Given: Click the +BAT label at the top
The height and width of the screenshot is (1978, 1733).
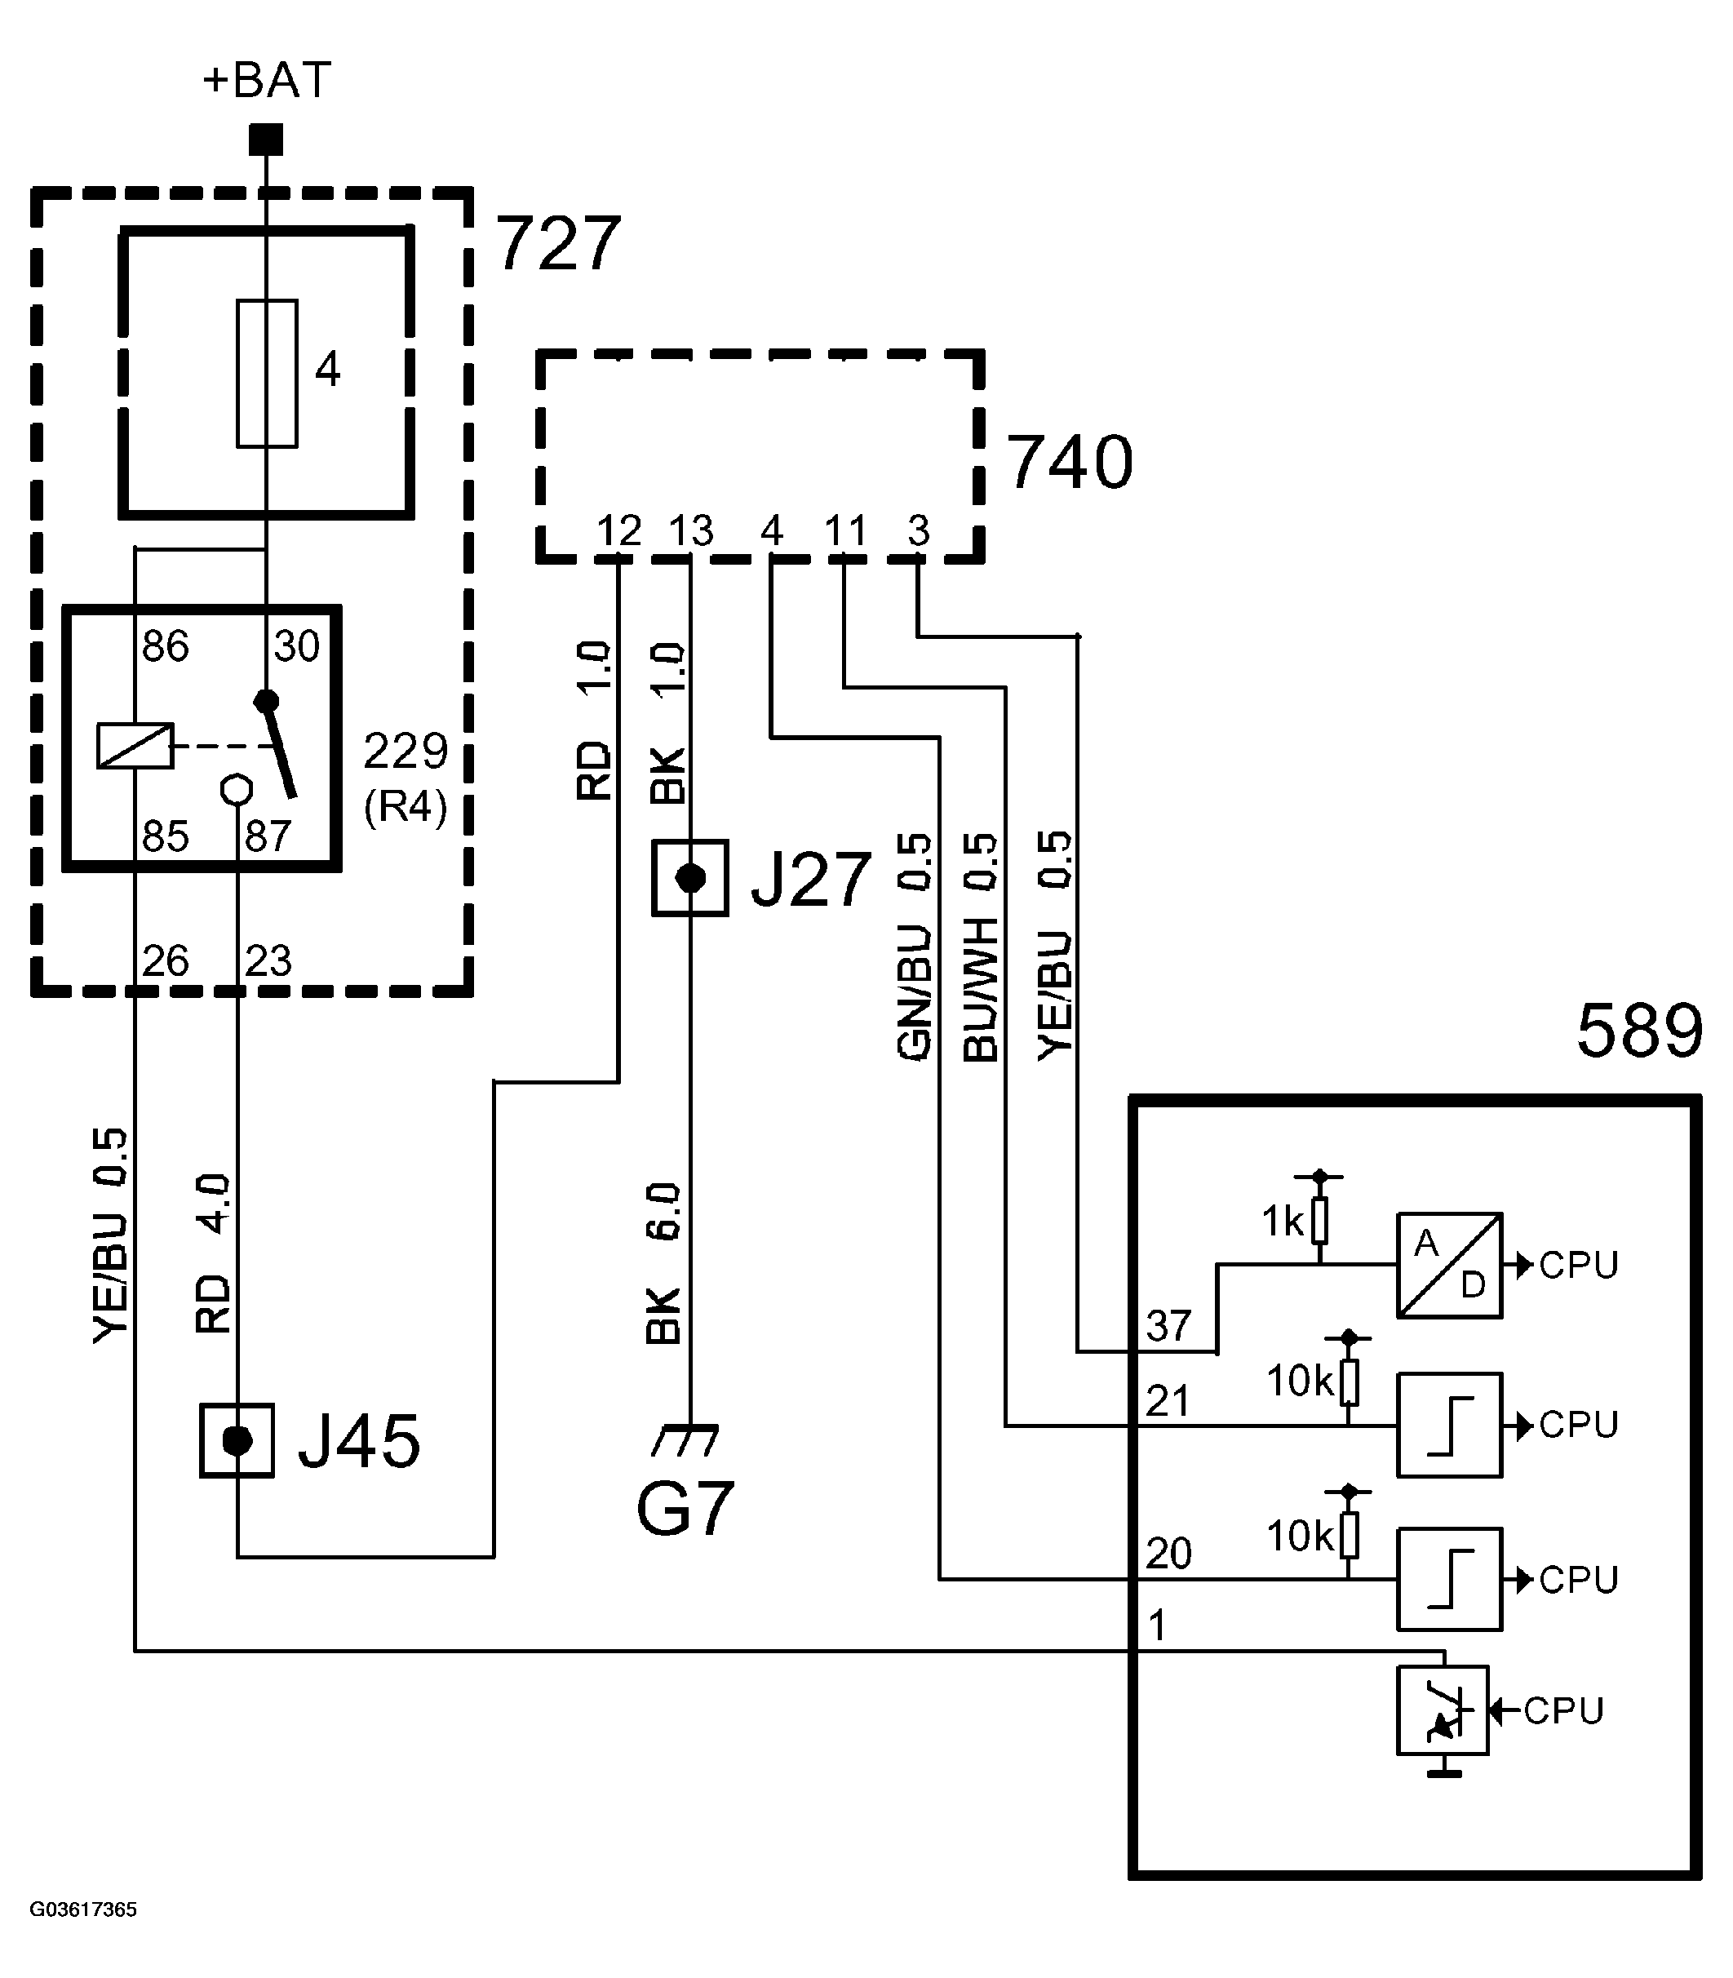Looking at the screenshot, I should (x=267, y=79).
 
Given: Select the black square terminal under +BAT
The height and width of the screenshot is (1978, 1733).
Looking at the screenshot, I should (x=266, y=140).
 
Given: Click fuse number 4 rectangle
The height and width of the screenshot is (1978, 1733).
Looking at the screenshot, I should (x=267, y=374).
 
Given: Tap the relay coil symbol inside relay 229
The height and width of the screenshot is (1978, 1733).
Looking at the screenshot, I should (x=135, y=746).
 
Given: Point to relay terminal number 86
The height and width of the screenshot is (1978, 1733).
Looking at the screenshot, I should (x=166, y=646).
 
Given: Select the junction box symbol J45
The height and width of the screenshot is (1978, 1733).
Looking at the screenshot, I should (x=237, y=1441).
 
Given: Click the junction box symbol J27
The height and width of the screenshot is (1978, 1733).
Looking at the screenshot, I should (x=689, y=878).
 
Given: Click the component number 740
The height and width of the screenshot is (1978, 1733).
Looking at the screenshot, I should (x=1070, y=463).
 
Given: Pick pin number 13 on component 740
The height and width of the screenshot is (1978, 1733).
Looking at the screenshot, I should (x=690, y=531).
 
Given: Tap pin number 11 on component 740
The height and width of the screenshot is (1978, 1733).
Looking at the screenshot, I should (x=845, y=531).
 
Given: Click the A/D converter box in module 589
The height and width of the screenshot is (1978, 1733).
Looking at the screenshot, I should (x=1449, y=1265).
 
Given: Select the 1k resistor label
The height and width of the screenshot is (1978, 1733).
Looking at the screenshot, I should (x=1283, y=1222).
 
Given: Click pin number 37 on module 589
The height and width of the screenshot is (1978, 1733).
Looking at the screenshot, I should (x=1168, y=1326).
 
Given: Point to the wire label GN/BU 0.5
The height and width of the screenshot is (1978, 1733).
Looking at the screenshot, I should (x=914, y=948).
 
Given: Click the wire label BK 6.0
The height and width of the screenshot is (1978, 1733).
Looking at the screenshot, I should (x=663, y=1263).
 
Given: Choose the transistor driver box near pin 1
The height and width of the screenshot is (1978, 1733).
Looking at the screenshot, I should (x=1442, y=1710).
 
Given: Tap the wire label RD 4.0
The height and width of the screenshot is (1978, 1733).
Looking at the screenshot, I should (x=214, y=1253).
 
